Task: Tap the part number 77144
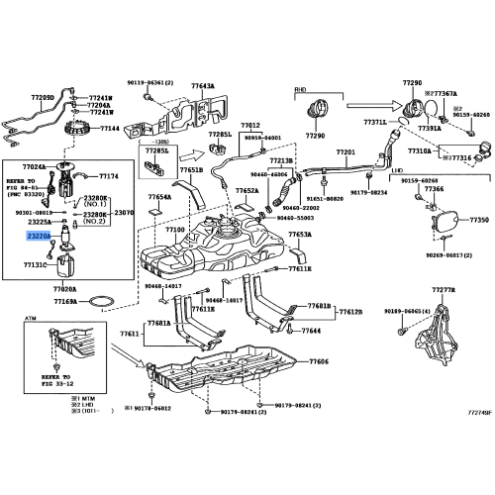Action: [109, 129]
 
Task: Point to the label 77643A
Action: [202, 86]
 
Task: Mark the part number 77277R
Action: [445, 291]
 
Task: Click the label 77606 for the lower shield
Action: [318, 362]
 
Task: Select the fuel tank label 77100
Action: [175, 229]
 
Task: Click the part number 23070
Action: [124, 212]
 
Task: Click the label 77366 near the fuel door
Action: [435, 188]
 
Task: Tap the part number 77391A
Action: [429, 129]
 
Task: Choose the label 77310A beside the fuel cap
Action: [422, 151]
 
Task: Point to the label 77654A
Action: [159, 197]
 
